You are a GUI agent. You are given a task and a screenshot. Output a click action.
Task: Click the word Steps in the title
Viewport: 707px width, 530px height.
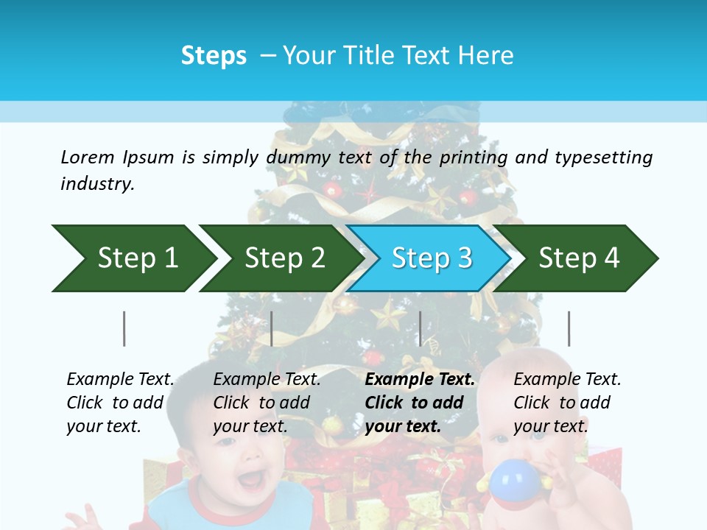(214, 56)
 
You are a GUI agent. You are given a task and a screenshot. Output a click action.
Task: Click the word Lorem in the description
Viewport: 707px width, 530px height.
(88, 157)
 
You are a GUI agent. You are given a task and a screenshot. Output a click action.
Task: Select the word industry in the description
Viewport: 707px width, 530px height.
(97, 183)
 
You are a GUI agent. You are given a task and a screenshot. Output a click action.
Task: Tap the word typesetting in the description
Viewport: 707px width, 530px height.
(603, 157)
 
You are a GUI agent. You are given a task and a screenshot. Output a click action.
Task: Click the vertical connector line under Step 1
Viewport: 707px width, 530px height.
(124, 328)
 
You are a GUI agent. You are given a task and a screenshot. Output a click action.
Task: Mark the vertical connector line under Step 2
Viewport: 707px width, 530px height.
(272, 328)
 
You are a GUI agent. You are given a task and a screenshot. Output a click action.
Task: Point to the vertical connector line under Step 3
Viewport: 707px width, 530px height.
(420, 328)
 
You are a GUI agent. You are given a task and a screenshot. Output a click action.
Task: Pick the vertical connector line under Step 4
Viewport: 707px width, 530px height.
(569, 328)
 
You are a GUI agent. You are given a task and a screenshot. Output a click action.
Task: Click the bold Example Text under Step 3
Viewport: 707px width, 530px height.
(420, 380)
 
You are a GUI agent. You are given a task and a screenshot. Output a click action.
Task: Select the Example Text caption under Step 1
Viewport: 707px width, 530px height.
(120, 380)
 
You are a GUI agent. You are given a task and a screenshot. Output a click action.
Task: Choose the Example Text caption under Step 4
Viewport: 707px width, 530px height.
(567, 380)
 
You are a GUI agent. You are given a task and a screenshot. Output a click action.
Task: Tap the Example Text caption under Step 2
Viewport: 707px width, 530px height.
(267, 380)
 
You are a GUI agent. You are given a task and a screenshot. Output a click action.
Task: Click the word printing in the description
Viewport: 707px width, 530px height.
(472, 157)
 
